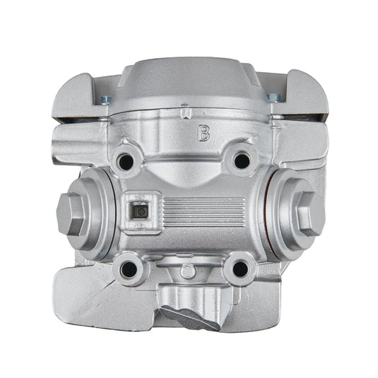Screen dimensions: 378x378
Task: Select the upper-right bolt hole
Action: pyautogui.click(x=242, y=161)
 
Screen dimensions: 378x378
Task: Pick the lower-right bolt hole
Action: pyautogui.click(x=240, y=268)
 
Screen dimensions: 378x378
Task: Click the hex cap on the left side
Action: pyautogui.click(x=71, y=213)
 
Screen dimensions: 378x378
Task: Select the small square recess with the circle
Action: pyautogui.click(x=140, y=210)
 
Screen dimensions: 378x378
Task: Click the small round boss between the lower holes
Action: pyautogui.click(x=186, y=272)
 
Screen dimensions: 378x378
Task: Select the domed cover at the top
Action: pyautogui.click(x=187, y=88)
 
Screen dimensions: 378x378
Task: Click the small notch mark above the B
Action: pyautogui.click(x=185, y=112)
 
